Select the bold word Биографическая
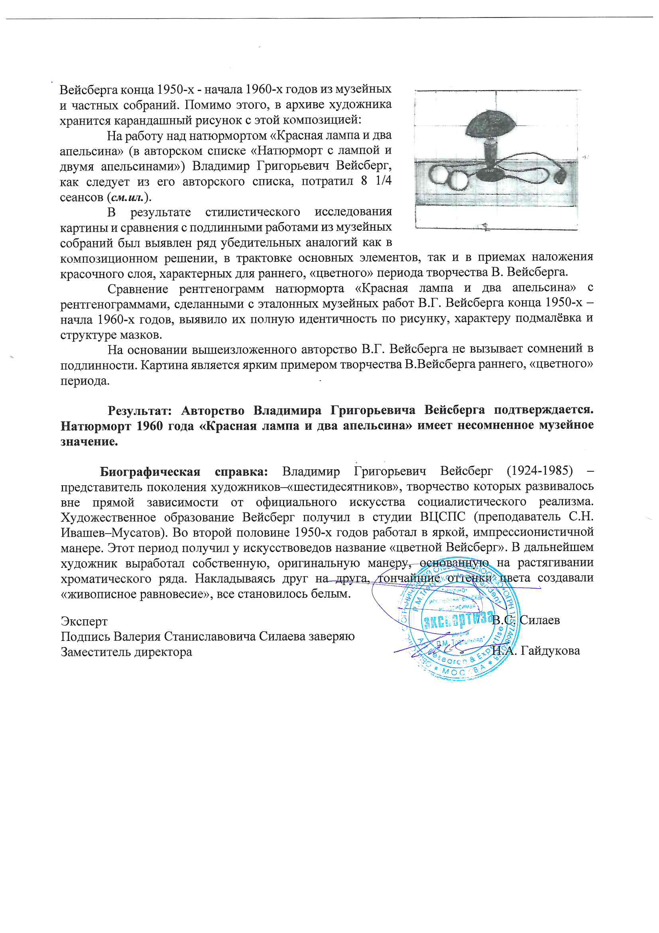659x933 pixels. tap(150, 472)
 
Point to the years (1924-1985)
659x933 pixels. tap(540, 471)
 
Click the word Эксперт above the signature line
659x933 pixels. tap(84, 621)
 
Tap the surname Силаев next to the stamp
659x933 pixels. tap(540, 620)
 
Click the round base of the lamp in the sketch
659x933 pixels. tap(490, 175)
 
